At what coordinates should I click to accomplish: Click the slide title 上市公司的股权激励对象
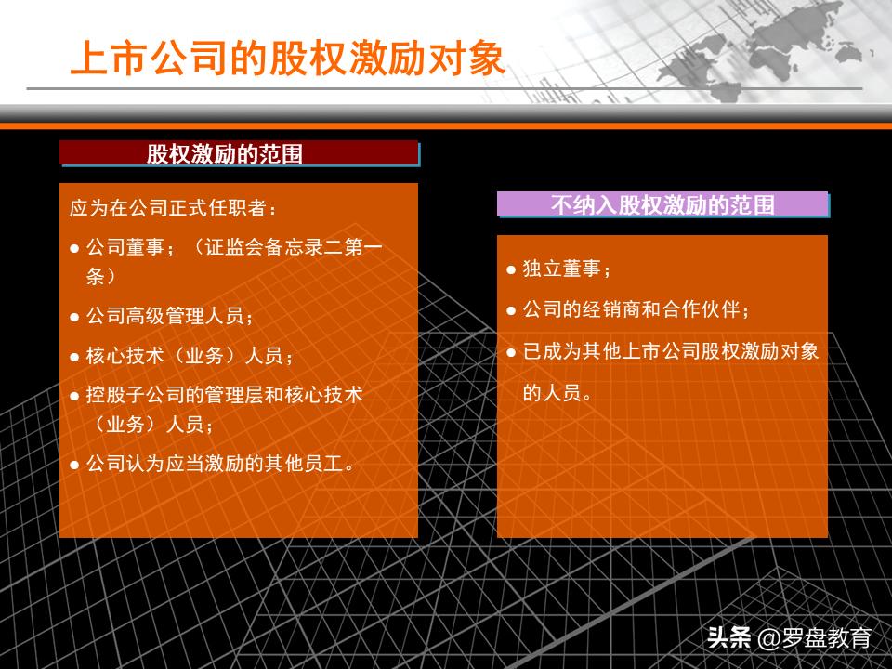coord(288,58)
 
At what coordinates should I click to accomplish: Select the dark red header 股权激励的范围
coord(238,153)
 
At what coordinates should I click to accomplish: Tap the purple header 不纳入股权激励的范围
coord(662,204)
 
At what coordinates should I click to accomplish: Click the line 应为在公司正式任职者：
coord(173,207)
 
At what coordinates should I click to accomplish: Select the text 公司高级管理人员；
coord(170,317)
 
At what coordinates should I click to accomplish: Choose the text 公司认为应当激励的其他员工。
coord(220,463)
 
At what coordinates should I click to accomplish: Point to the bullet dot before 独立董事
coord(511,269)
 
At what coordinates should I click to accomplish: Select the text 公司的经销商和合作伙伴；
coord(636,309)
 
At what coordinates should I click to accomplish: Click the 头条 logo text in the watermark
coord(728,638)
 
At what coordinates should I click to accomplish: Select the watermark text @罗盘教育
coord(815,638)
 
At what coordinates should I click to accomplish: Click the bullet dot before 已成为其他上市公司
coord(511,351)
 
